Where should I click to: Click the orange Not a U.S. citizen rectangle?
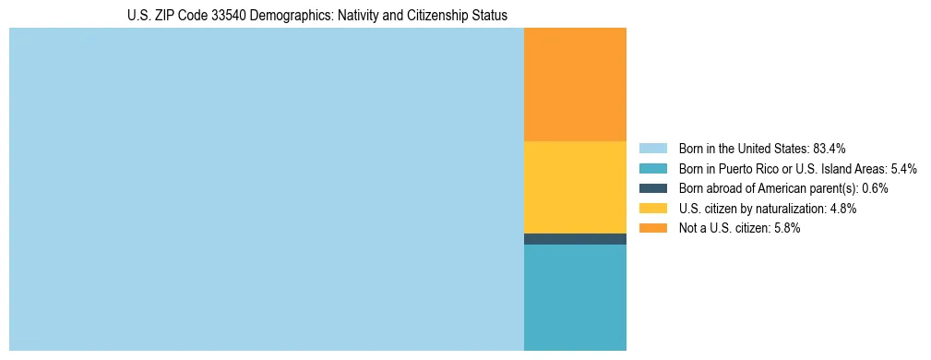(575, 84)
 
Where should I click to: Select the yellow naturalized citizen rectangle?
(575, 186)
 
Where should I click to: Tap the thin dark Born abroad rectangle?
(575, 239)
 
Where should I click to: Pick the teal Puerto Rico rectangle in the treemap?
(575, 297)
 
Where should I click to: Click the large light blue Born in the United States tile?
(266, 189)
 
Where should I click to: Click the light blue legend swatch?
(652, 149)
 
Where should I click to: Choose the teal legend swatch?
(652, 169)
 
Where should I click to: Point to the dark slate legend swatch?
(652, 188)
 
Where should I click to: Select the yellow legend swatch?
(652, 209)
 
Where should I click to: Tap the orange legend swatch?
(652, 228)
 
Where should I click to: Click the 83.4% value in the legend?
(830, 149)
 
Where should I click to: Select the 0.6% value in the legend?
(875, 188)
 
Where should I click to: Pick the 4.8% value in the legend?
(843, 209)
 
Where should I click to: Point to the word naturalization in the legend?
(791, 209)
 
